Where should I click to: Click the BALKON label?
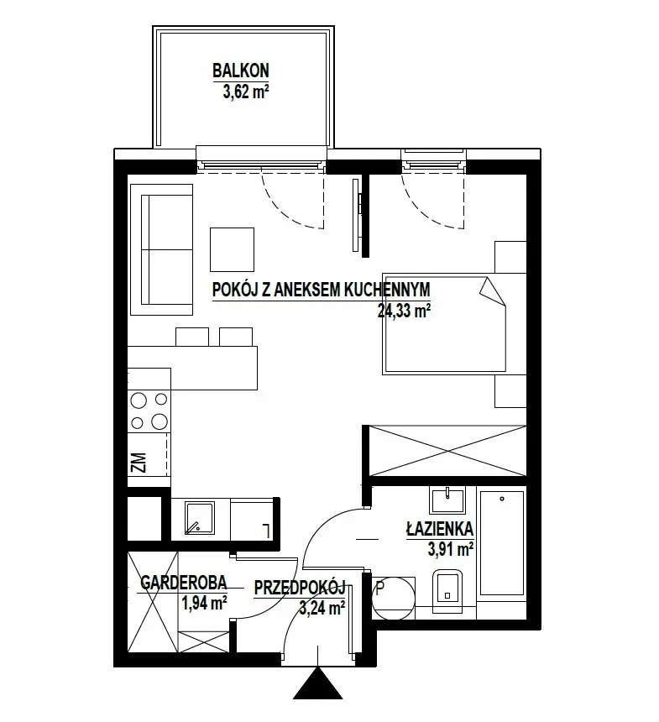tap(240, 71)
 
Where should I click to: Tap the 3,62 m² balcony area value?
tap(246, 92)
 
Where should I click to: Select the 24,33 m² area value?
tap(404, 311)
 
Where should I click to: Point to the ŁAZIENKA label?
tap(440, 529)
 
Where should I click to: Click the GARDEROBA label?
tap(183, 583)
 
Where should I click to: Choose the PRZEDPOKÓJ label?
tap(300, 588)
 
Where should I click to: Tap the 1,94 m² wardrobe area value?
tap(205, 602)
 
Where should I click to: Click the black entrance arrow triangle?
tap(318, 683)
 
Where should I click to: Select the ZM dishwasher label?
tap(139, 463)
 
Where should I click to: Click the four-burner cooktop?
tap(149, 411)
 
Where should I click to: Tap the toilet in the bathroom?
tap(447, 591)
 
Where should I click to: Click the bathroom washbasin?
tap(447, 500)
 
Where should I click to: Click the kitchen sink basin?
tap(200, 518)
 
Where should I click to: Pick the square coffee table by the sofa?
tap(232, 249)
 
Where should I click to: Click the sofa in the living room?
tap(161, 249)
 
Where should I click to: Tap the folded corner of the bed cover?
tap(492, 292)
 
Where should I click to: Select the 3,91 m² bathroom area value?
tap(451, 549)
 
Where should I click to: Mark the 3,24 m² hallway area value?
tap(322, 608)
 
